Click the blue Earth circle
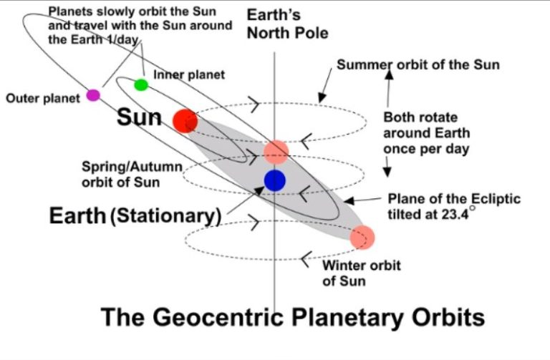coord(275,180)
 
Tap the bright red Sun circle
coord(185,121)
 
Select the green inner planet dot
coord(141,85)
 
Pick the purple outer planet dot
coord(93,95)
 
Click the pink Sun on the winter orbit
coord(362,238)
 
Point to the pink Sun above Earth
coord(276,152)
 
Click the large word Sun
coord(139,117)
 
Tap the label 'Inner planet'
coord(189,74)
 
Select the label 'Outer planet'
coord(43,99)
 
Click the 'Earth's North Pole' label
coord(288,24)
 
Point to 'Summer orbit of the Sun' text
coord(418,65)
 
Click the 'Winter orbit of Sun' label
coord(361,273)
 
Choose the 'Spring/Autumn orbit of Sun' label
coord(132,175)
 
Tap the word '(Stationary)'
coord(165,215)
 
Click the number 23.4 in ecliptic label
coord(455,214)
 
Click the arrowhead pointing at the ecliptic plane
coord(349,201)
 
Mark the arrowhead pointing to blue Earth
coord(259,190)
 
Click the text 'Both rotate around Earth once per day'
coord(427,134)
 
